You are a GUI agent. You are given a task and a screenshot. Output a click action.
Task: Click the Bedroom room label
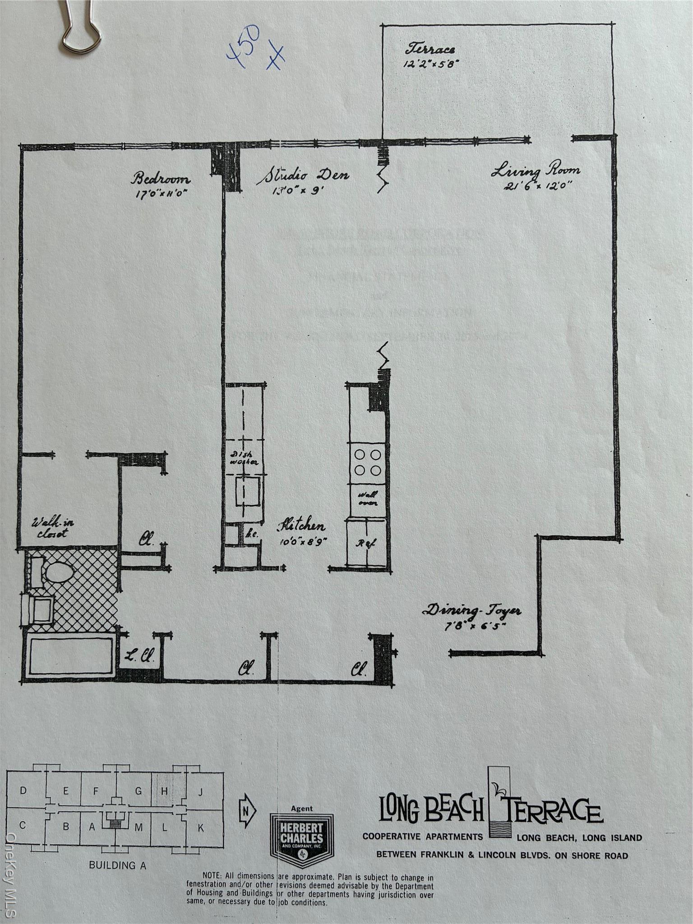(x=160, y=178)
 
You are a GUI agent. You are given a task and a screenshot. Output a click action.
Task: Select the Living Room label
(x=536, y=171)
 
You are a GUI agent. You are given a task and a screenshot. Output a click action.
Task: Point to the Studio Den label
(x=303, y=175)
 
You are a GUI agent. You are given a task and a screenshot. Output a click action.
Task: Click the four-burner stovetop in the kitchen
(x=368, y=462)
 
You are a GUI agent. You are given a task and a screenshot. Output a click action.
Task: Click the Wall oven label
(x=368, y=499)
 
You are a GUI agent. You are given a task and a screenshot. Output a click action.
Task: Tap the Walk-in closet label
(x=53, y=528)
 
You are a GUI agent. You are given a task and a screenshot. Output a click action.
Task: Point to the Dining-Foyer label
(x=472, y=611)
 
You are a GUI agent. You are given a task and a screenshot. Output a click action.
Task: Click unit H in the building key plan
(x=165, y=790)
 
